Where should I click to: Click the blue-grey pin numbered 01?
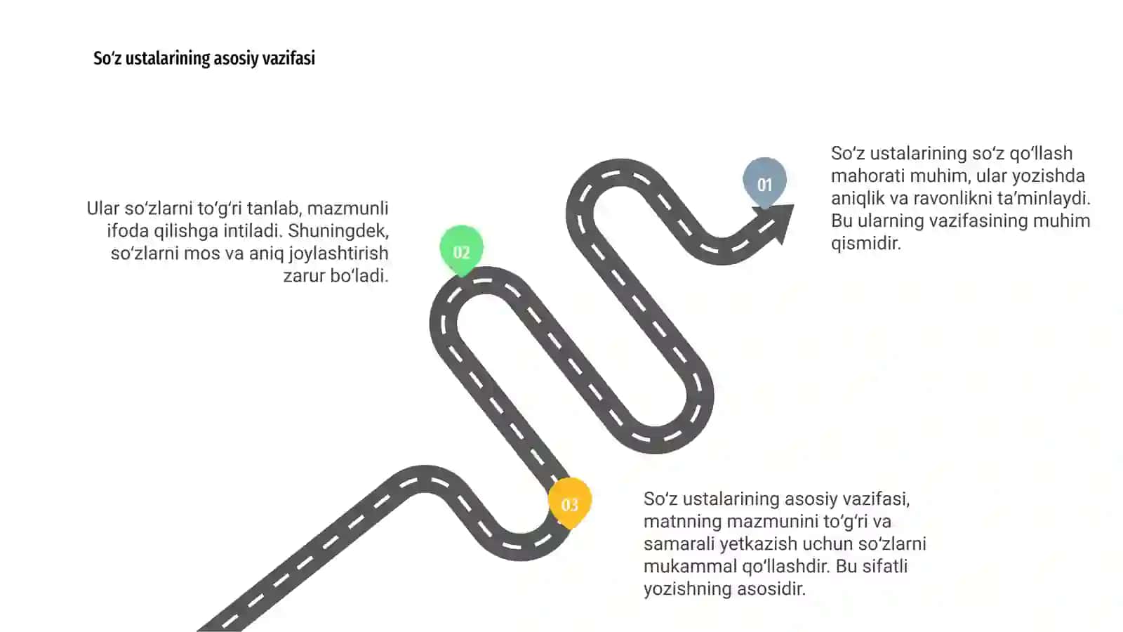[764, 183]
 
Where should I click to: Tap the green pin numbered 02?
[462, 250]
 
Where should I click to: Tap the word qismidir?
[866, 244]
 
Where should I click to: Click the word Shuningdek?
[338, 231]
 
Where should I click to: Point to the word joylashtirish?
[338, 254]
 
